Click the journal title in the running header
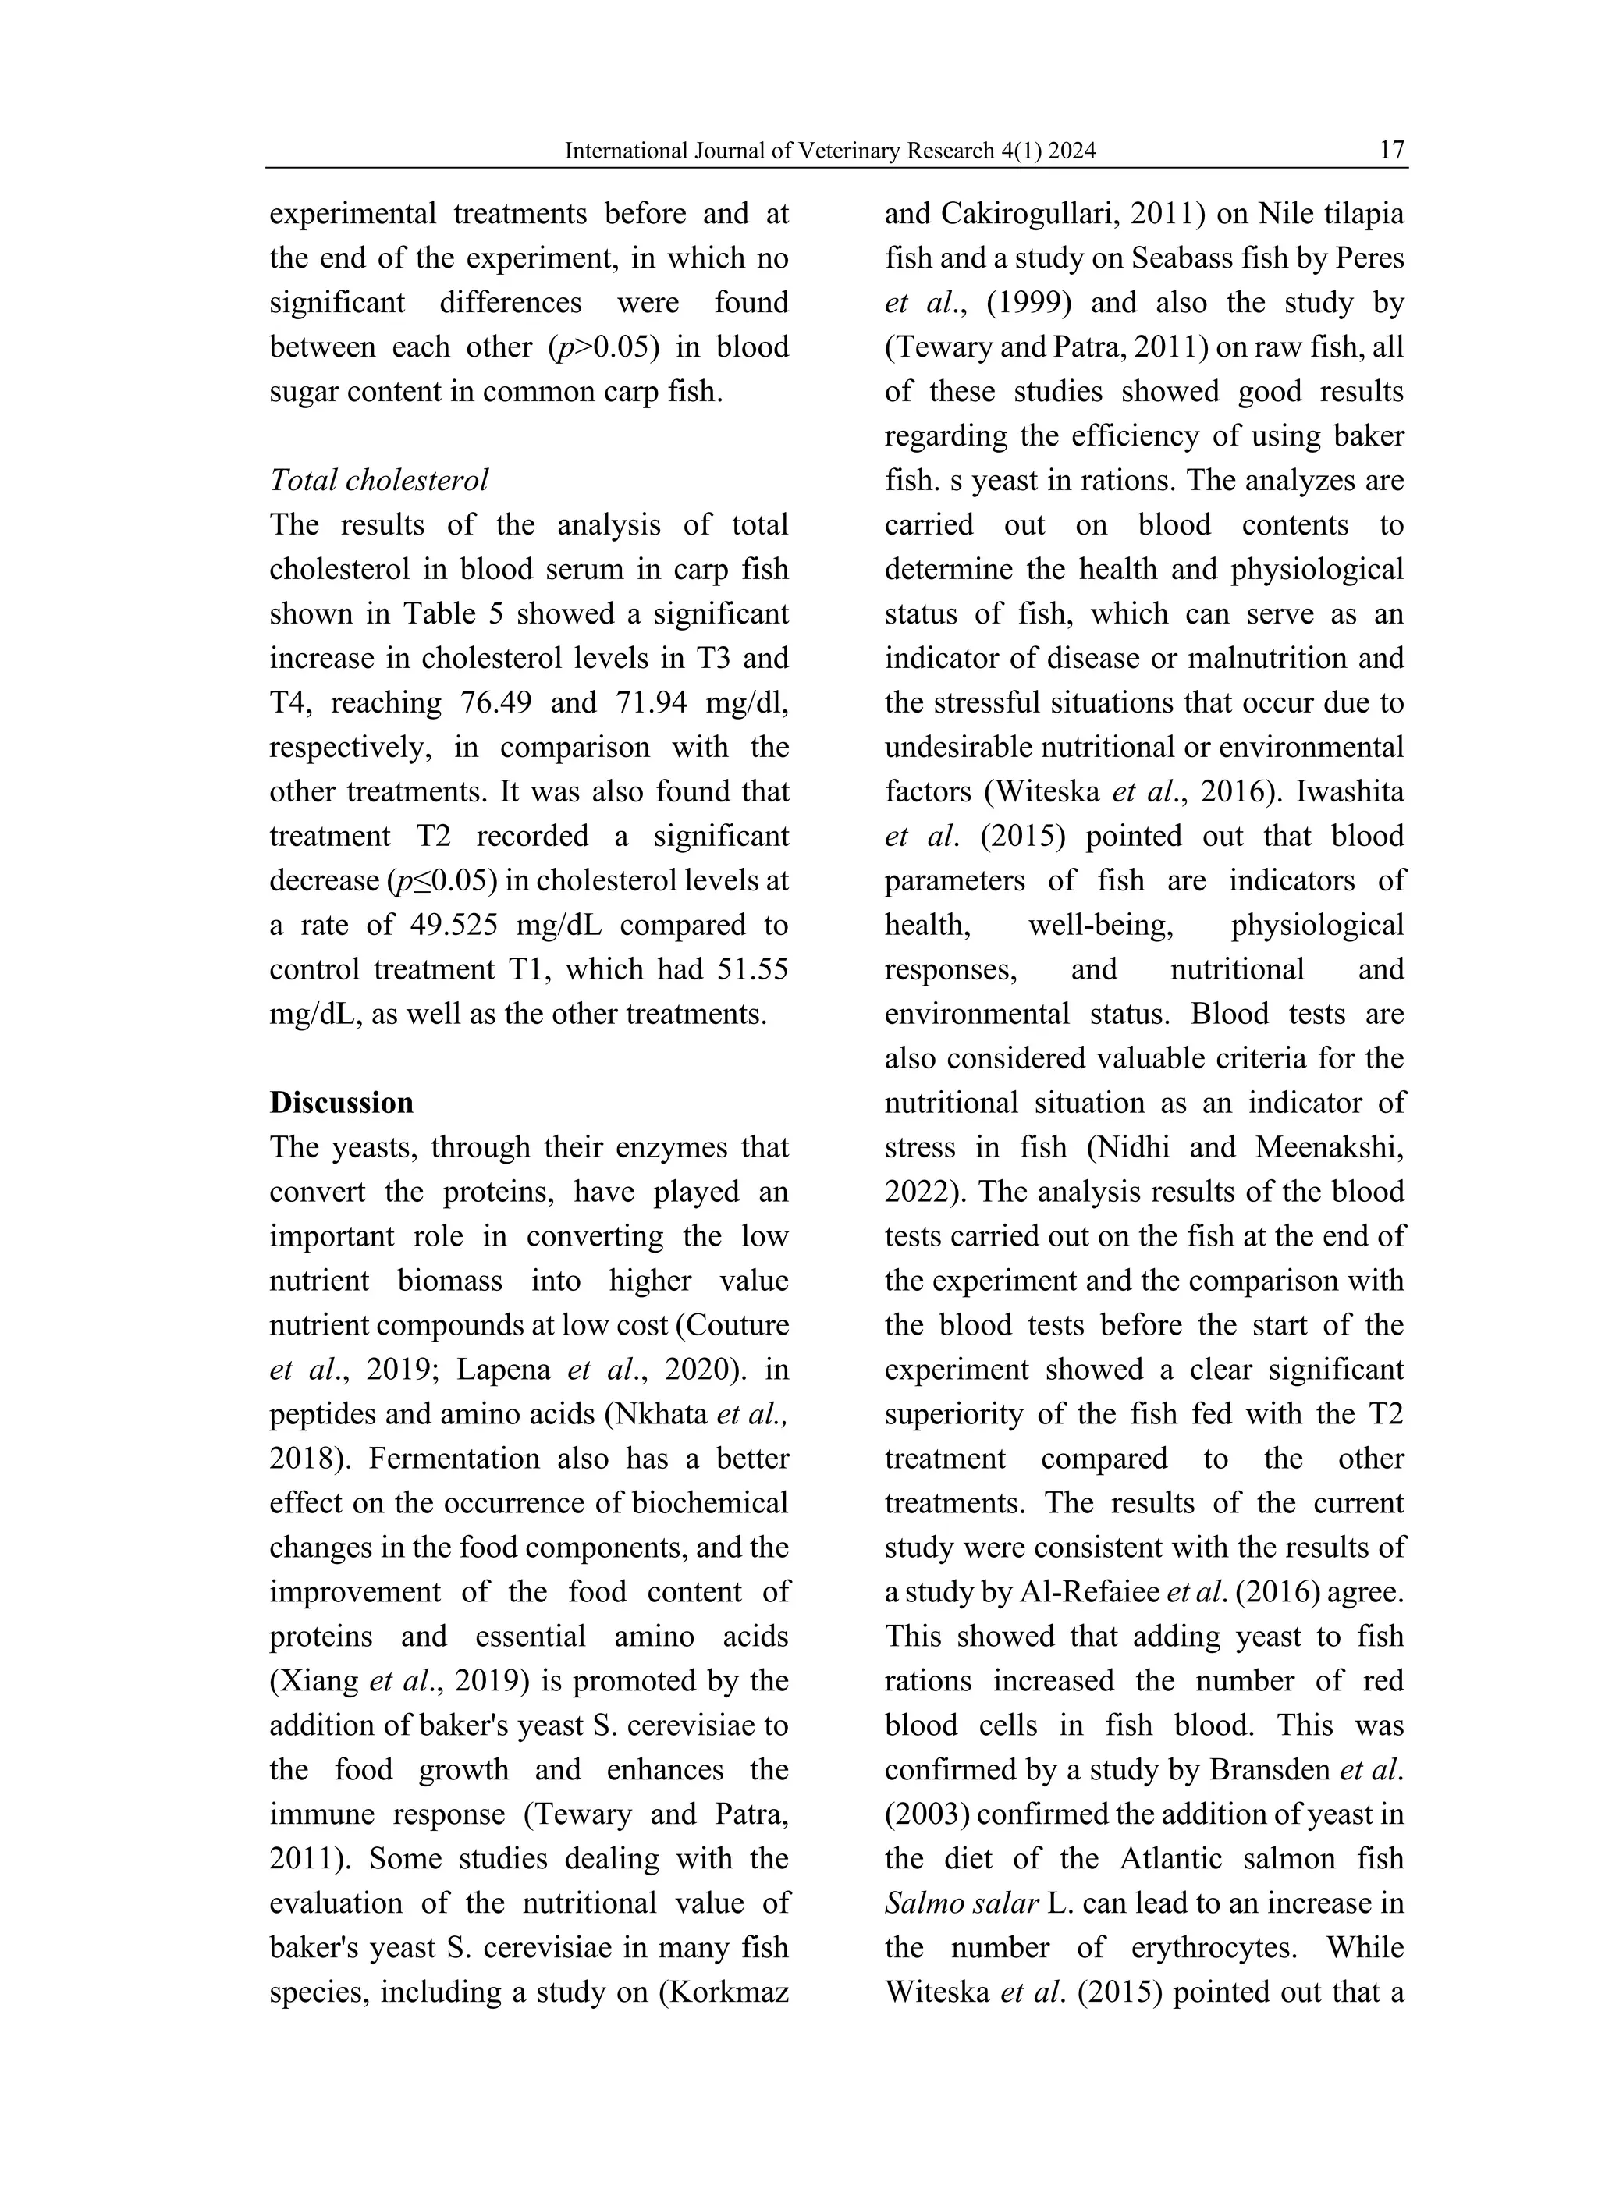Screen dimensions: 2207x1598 830,151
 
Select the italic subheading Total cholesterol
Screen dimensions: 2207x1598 378,480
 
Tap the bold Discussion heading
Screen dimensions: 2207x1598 342,1103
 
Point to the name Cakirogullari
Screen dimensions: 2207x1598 1059,213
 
